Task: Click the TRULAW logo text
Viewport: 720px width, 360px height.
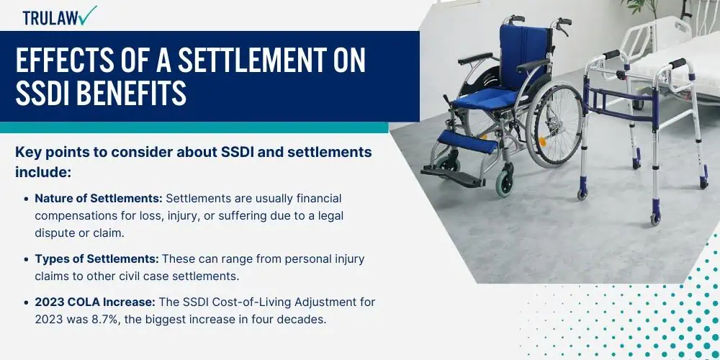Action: (49, 18)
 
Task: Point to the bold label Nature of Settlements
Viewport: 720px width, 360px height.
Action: (98, 199)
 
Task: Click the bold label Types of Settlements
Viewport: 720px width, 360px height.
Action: (97, 259)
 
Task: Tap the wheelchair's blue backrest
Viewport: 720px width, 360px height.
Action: (523, 55)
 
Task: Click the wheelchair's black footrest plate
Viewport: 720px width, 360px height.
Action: (452, 176)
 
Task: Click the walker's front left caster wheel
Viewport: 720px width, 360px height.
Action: (582, 192)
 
